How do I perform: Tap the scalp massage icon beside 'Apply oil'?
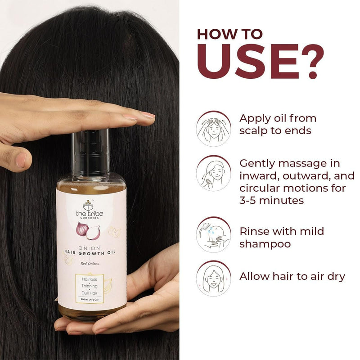point(213,128)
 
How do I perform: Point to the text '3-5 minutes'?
point(272,200)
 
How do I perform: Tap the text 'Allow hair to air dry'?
point(292,276)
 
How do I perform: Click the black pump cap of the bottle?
point(90,153)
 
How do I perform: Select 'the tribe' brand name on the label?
point(89,214)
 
